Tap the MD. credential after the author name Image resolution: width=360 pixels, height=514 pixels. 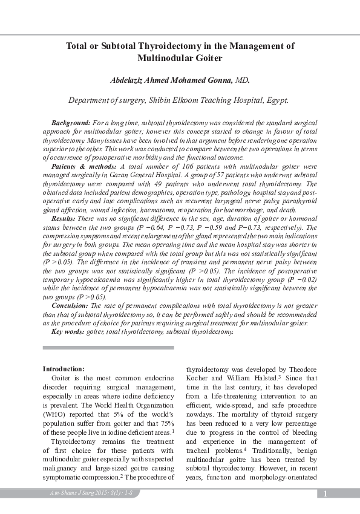point(242,80)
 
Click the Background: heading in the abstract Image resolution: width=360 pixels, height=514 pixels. point(71,122)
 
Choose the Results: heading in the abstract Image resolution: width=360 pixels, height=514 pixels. point(64,217)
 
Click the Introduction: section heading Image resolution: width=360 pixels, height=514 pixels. point(64,368)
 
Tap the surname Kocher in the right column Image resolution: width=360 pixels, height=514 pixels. point(197,377)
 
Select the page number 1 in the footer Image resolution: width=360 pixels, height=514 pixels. point(325,494)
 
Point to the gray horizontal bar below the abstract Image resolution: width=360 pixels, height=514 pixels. point(109,348)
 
